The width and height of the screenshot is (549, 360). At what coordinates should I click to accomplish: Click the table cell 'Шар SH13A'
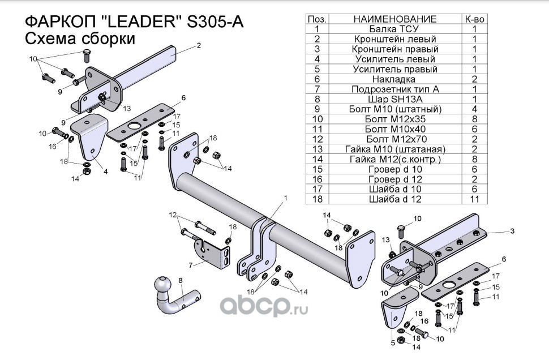tap(394, 99)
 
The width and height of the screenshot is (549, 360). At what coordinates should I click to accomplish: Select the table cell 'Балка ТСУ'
tap(394, 29)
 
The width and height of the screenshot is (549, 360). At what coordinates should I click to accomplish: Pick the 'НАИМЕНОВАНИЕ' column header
tap(394, 19)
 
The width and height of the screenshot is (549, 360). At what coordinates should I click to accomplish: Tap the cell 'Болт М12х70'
tap(394, 139)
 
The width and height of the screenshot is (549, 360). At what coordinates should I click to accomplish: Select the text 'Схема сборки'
tap(79, 39)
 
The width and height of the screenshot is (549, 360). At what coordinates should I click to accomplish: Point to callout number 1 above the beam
tap(286, 198)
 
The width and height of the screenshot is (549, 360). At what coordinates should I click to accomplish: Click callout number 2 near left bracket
tap(199, 46)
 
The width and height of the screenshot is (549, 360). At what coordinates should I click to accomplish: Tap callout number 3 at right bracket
tap(512, 231)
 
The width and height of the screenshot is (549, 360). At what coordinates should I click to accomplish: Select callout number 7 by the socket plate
tap(191, 264)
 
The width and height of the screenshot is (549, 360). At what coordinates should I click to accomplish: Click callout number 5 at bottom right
tap(393, 342)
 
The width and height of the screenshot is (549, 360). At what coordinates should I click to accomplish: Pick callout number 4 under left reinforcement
tap(105, 171)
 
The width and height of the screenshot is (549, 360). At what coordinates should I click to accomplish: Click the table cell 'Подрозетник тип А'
tap(394, 89)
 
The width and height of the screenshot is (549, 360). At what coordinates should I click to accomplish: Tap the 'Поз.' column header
tap(317, 19)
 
